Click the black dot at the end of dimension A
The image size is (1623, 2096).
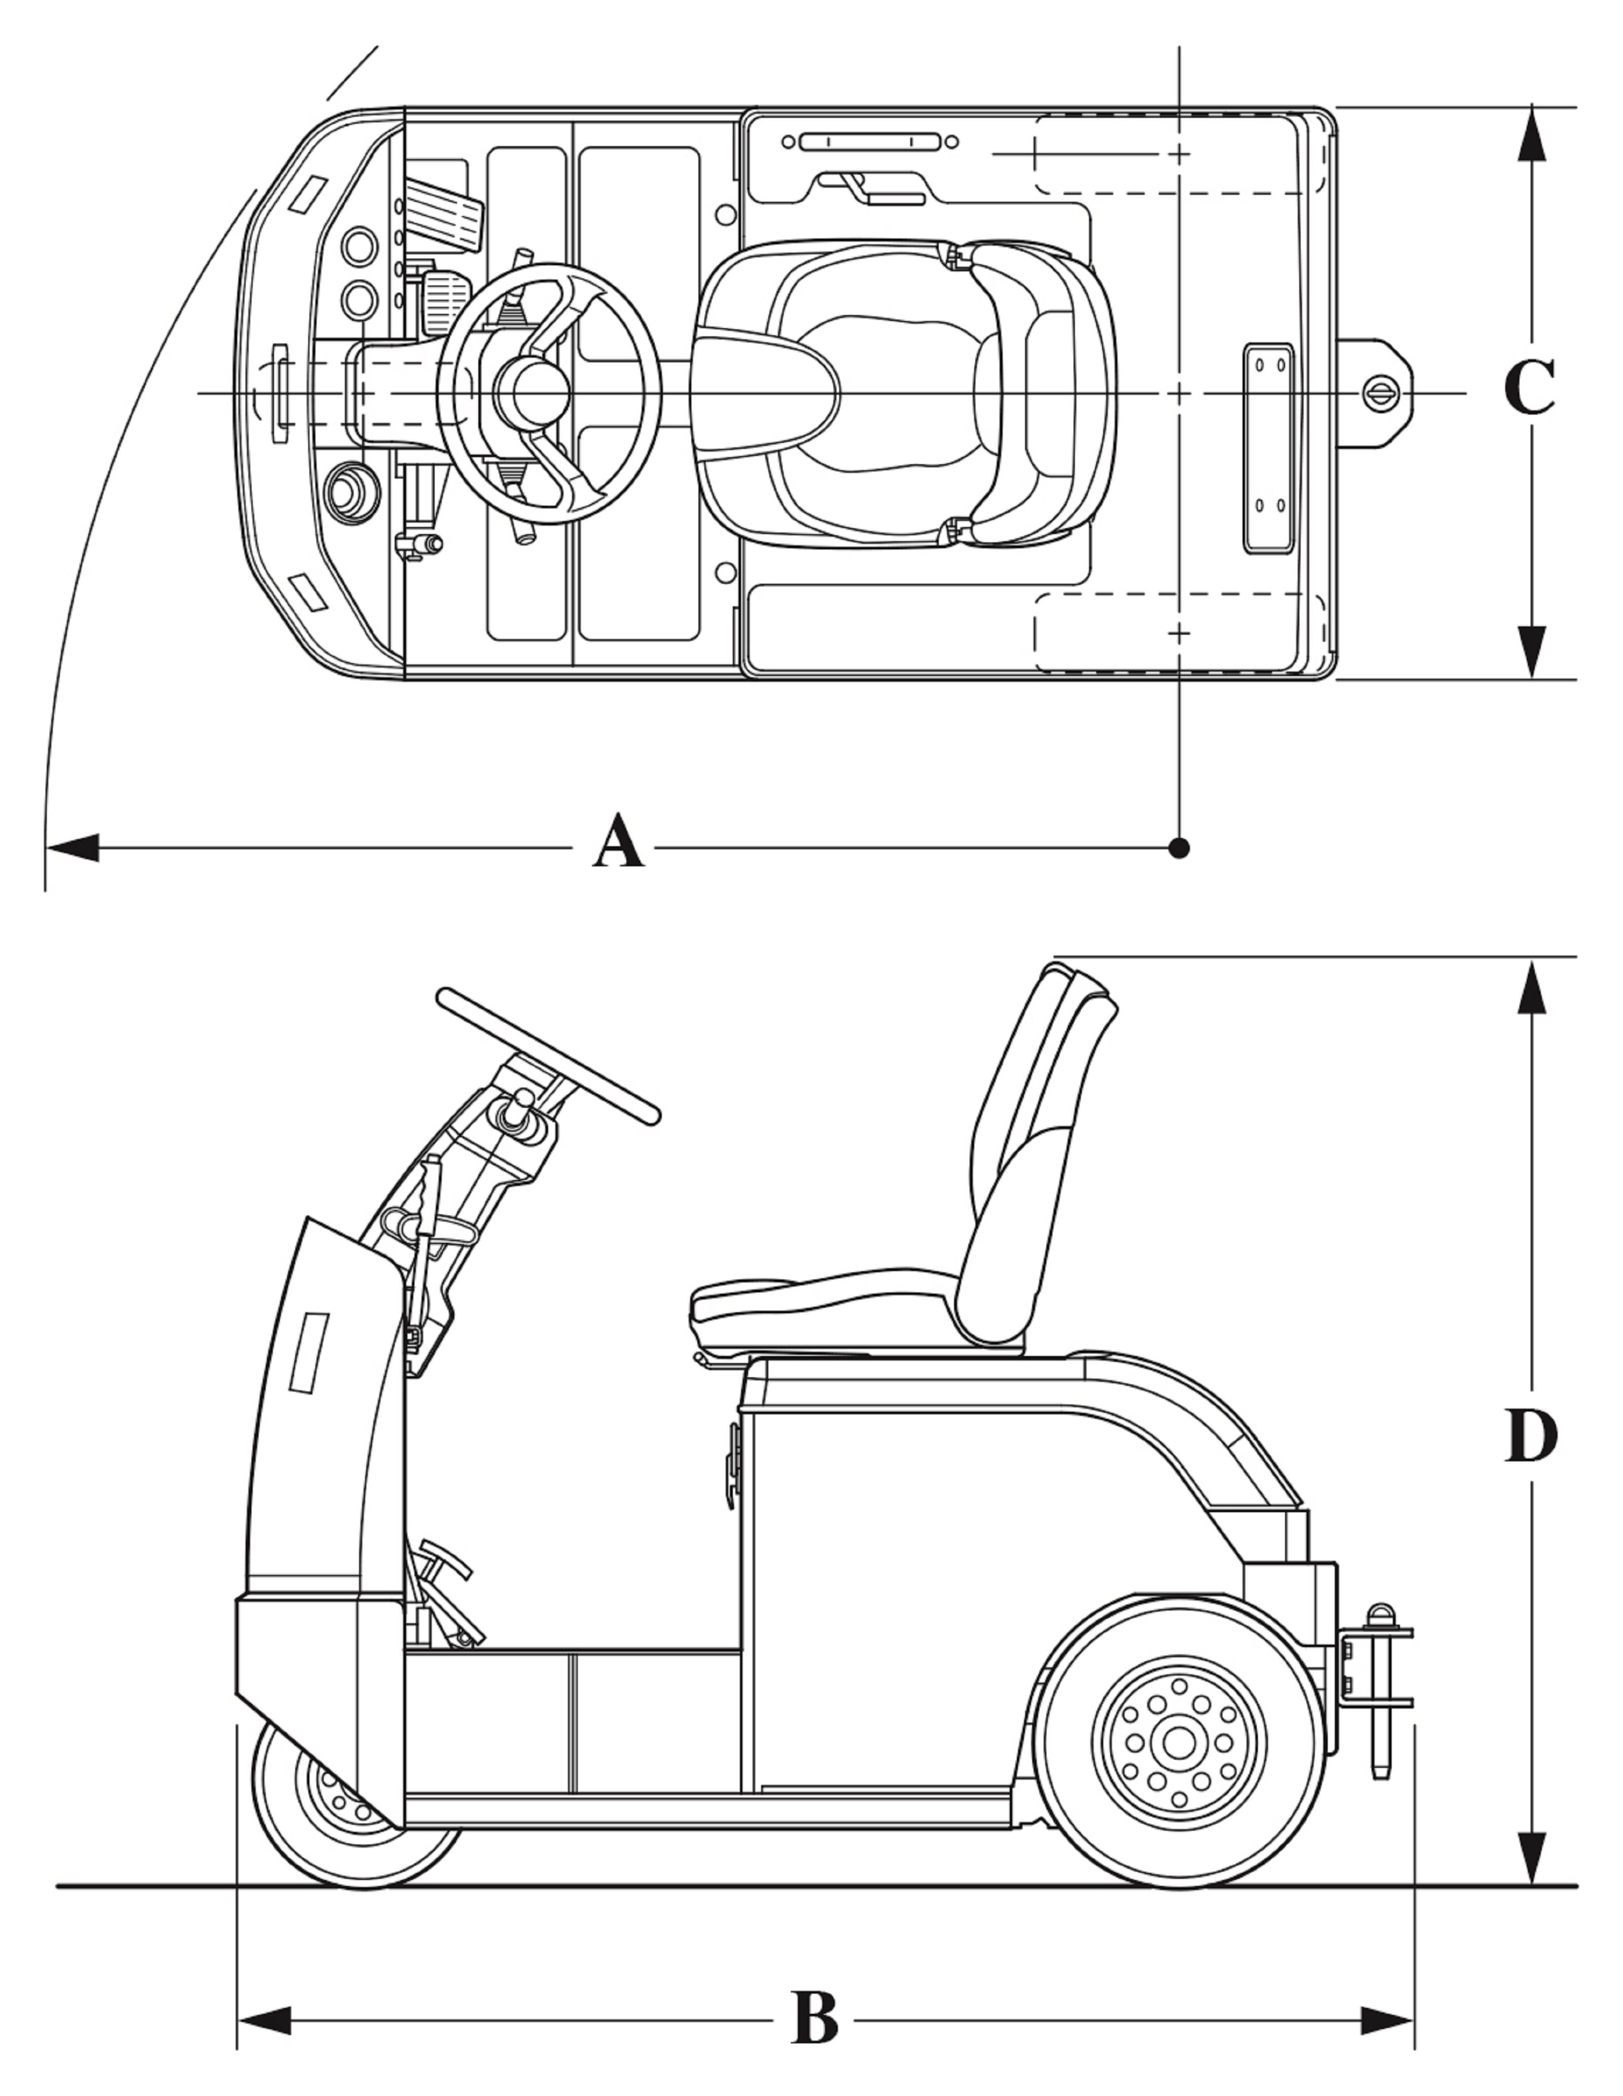[x=1181, y=848]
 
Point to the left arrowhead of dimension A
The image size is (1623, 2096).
[x=72, y=848]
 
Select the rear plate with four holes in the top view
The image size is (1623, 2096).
[x=1269, y=449]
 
